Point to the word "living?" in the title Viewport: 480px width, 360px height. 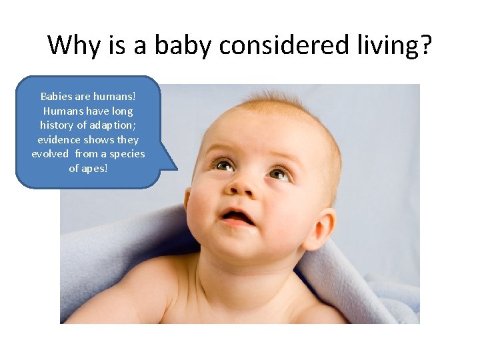tap(399, 46)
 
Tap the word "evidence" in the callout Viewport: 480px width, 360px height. tap(59, 140)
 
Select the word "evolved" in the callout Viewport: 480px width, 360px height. tap(51, 154)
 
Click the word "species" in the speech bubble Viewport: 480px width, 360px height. tap(126, 154)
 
